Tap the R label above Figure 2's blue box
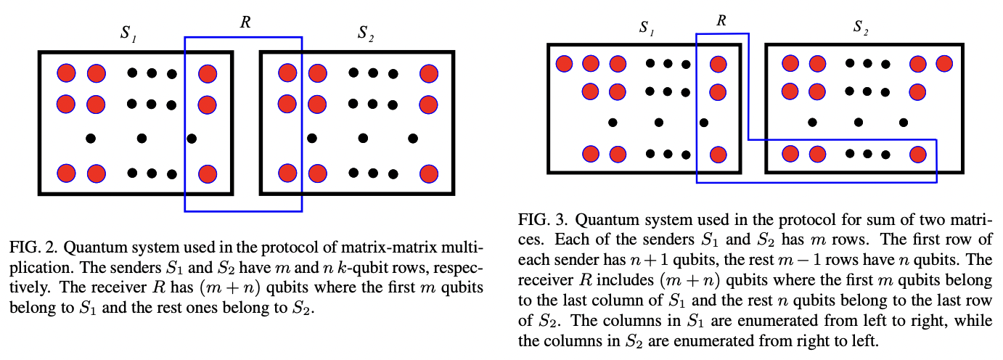pyautogui.click(x=245, y=22)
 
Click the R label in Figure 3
pyautogui.click(x=721, y=20)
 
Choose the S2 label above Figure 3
pyautogui.click(x=861, y=29)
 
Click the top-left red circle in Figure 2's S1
pyautogui.click(x=66, y=73)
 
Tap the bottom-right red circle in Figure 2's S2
pyautogui.click(x=428, y=173)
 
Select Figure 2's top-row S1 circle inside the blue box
pyautogui.click(x=208, y=73)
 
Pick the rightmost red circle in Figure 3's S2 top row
pyautogui.click(x=943, y=64)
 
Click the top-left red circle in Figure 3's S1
pyautogui.click(x=564, y=64)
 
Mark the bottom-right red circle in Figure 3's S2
pyautogui.click(x=917, y=154)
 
